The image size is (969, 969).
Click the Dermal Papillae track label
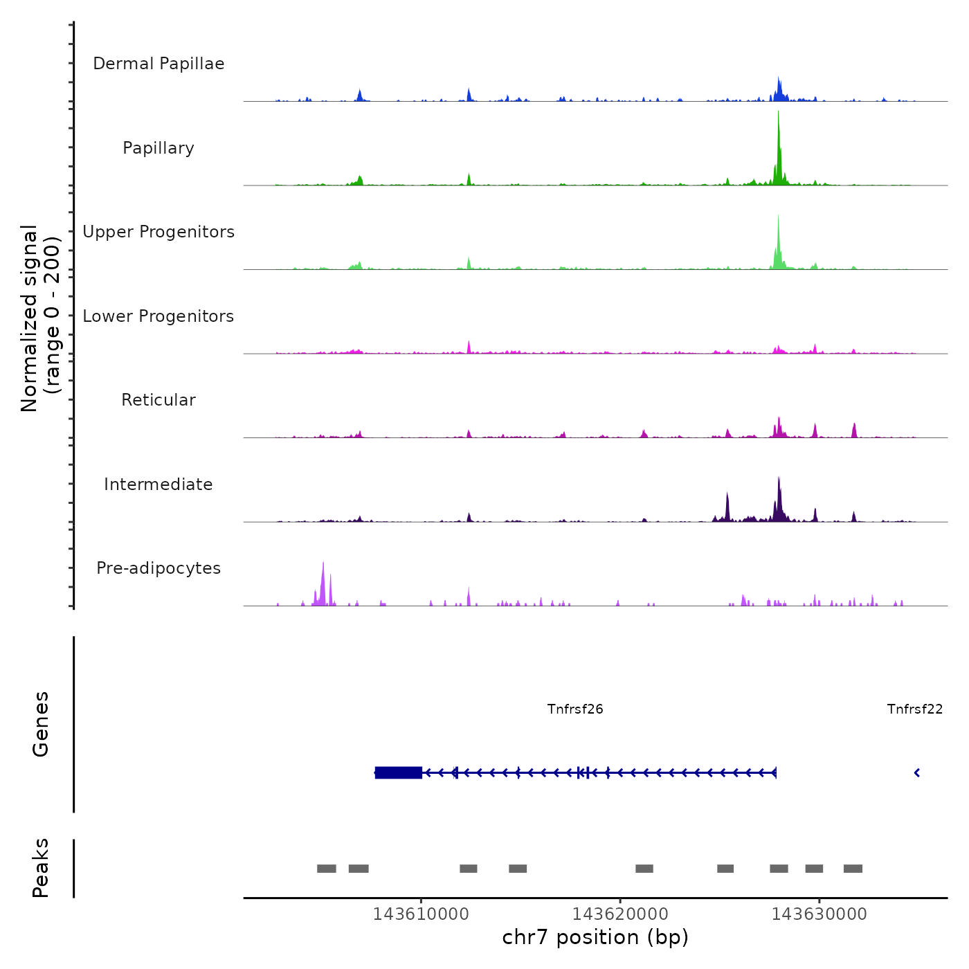tap(159, 64)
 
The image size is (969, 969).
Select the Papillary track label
tap(159, 148)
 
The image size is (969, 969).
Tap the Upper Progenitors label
tap(159, 232)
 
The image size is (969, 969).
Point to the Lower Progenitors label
tap(159, 316)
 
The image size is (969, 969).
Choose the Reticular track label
tap(159, 400)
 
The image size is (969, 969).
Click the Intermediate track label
tap(159, 484)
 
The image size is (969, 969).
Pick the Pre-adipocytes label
tap(159, 568)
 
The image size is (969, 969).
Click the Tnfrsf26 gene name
tap(575, 709)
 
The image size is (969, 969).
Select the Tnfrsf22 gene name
tap(914, 709)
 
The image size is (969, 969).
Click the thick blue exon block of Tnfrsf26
tap(399, 772)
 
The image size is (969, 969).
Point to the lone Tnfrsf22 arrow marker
tap(917, 772)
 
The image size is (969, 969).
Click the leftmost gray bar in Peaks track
tap(327, 869)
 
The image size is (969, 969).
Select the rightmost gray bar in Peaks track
tap(853, 869)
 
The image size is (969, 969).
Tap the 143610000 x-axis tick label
tap(421, 914)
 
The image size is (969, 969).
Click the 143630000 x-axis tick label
tap(819, 914)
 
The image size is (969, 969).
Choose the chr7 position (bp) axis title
tap(595, 937)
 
